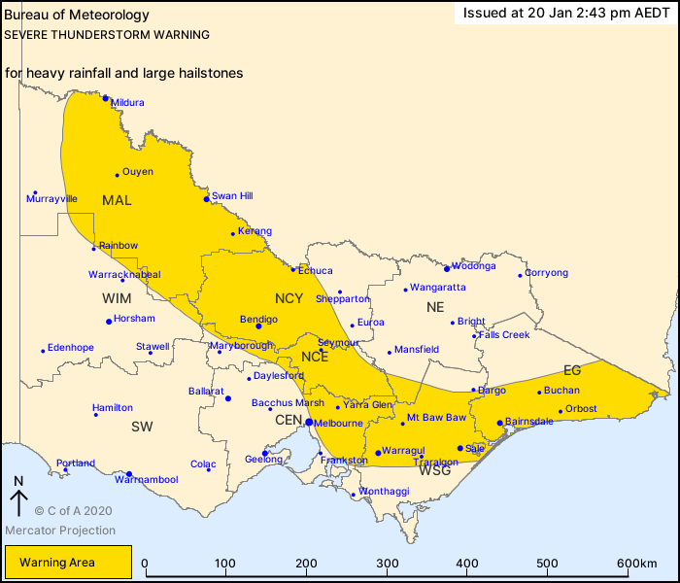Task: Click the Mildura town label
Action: pyautogui.click(x=127, y=102)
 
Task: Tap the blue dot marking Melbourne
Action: pyautogui.click(x=309, y=423)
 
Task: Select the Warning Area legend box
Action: pyautogui.click(x=68, y=562)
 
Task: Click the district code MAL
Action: pyautogui.click(x=117, y=200)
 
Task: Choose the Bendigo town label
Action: pyautogui.click(x=258, y=319)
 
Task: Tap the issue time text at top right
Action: pyautogui.click(x=566, y=14)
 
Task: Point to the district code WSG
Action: pyautogui.click(x=434, y=469)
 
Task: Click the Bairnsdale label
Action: pyautogui.click(x=530, y=422)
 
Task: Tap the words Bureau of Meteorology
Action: pyautogui.click(x=77, y=15)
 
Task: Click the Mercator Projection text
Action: pyautogui.click(x=60, y=531)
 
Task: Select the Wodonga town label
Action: pyautogui.click(x=474, y=265)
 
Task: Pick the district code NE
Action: pyautogui.click(x=434, y=307)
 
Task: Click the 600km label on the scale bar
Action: pyautogui.click(x=635, y=563)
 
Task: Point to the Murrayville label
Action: pyautogui.click(x=52, y=198)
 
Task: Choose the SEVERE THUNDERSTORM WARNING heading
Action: pyautogui.click(x=107, y=34)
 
